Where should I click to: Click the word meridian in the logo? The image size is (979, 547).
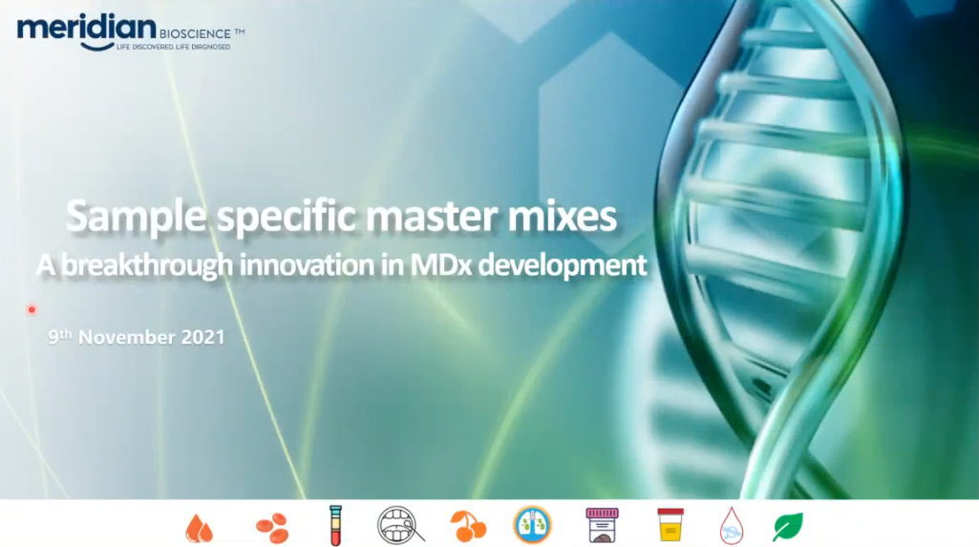[86, 29]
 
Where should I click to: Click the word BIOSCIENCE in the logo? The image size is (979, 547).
[195, 34]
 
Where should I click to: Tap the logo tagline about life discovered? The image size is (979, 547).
[174, 47]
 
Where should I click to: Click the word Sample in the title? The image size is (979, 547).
[137, 217]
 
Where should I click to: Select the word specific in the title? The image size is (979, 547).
[287, 217]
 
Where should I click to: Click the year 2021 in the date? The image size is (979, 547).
[202, 337]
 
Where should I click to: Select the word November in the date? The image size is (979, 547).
[127, 337]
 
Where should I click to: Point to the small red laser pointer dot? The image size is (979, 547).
[32, 309]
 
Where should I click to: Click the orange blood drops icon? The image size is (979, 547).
[200, 528]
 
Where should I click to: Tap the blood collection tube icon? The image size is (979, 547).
[336, 525]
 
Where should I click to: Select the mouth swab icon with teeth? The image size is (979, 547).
[400, 525]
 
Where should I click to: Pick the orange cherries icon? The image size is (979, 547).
[468, 526]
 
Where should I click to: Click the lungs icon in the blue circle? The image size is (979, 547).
[532, 524]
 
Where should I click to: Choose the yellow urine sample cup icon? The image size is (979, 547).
[670, 524]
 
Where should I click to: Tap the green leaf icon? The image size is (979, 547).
[787, 527]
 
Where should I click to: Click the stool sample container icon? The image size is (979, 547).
[602, 524]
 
